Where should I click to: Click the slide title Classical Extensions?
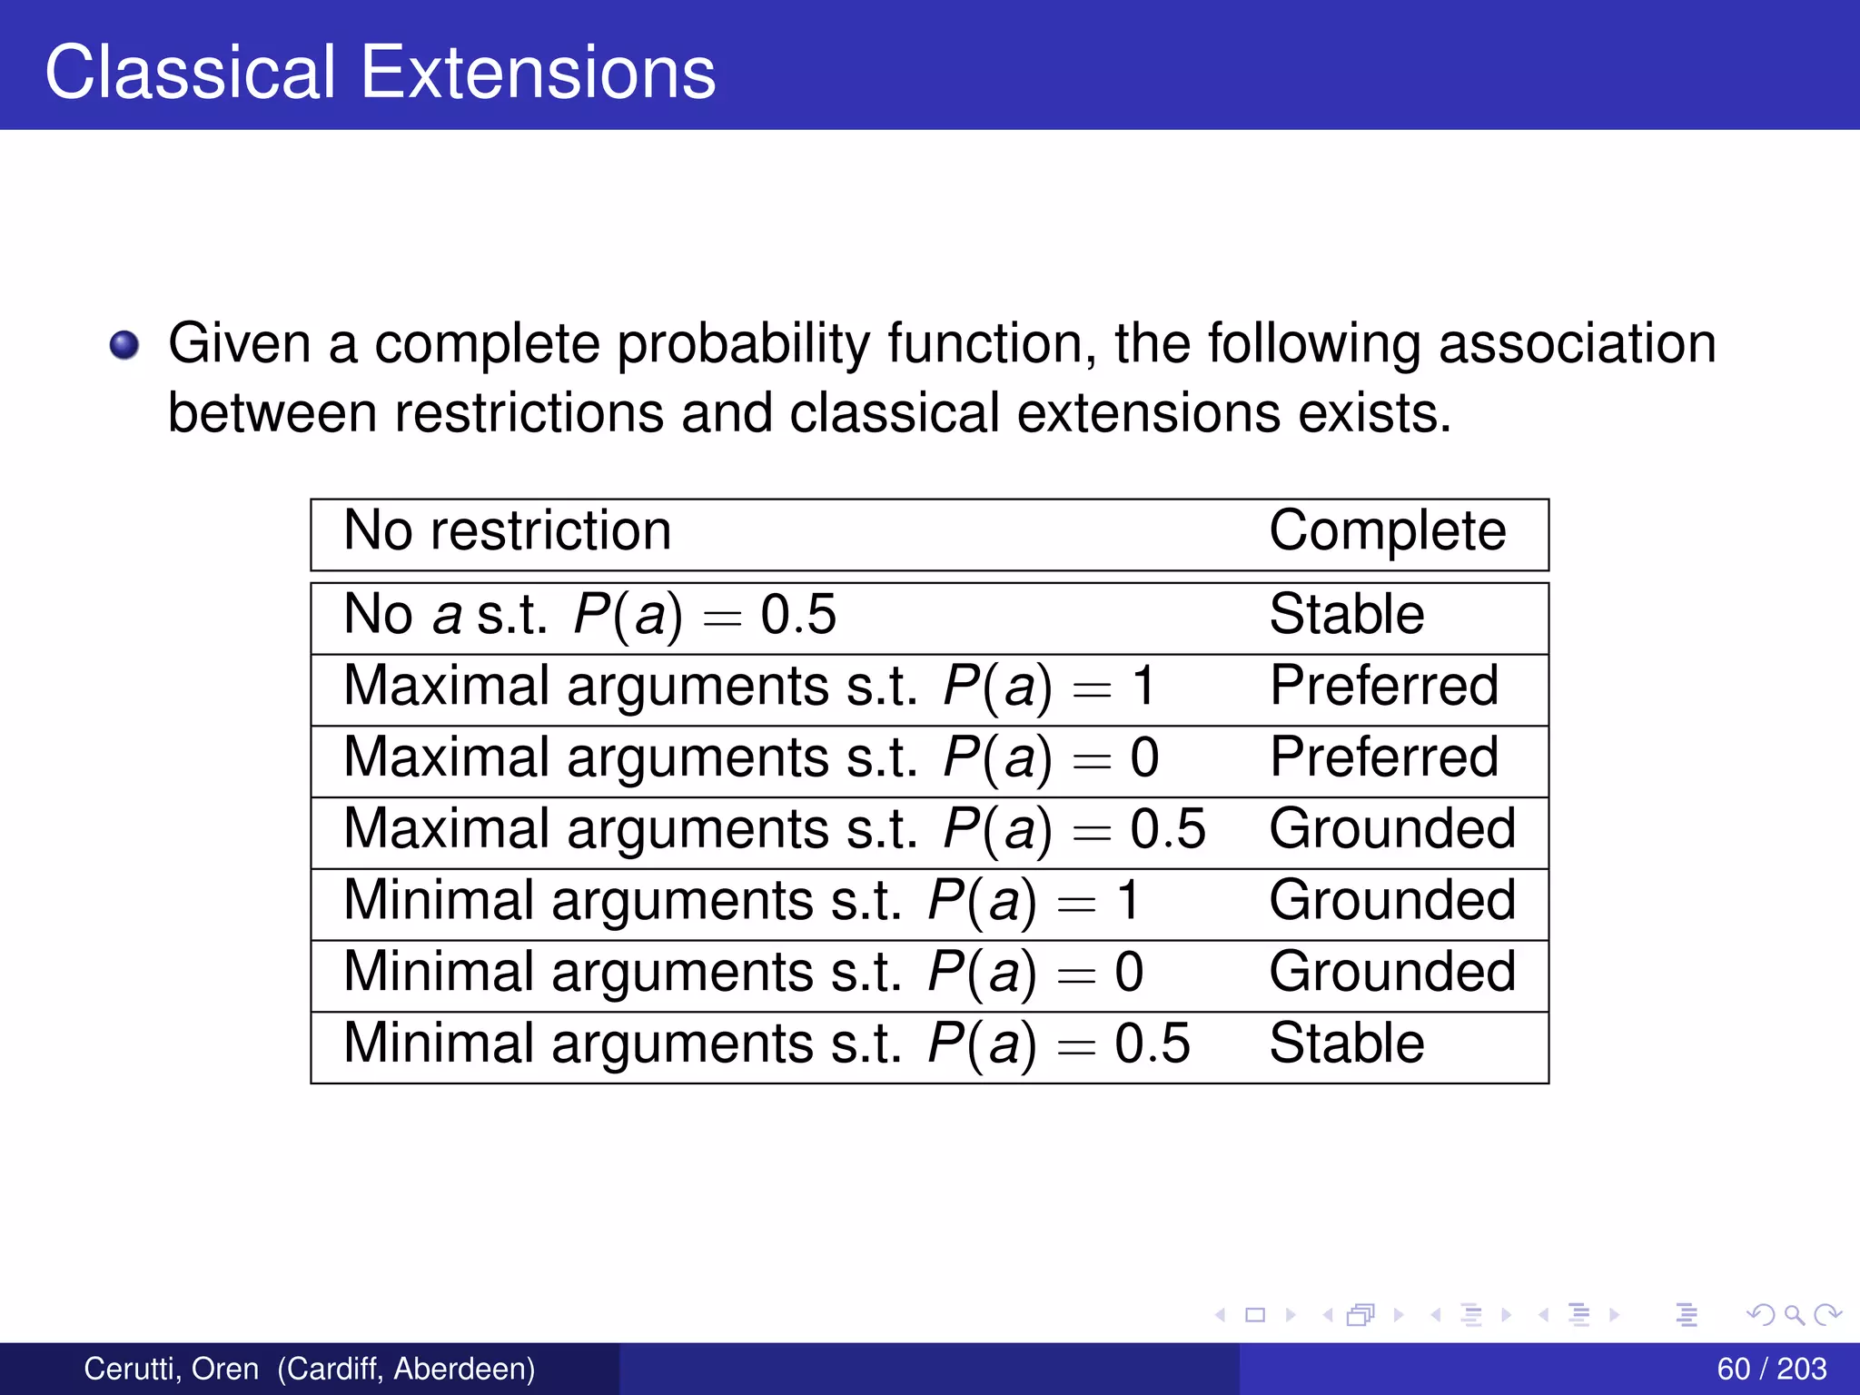click(380, 73)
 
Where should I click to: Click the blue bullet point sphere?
click(124, 345)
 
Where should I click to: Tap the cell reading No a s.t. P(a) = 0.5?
click(589, 615)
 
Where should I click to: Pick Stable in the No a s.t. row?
click(1346, 615)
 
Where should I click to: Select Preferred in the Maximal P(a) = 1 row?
click(1383, 686)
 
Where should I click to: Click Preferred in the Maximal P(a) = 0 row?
click(1383, 757)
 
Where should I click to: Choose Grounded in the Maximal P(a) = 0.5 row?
click(1391, 829)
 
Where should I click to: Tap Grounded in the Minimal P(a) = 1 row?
click(1391, 901)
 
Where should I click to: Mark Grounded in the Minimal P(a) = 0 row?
click(1391, 972)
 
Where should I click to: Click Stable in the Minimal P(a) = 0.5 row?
click(1346, 1044)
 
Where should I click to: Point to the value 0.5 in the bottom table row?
click(1152, 1044)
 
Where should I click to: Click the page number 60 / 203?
click(1771, 1369)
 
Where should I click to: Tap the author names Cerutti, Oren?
click(171, 1369)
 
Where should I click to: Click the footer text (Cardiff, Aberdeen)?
click(406, 1369)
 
